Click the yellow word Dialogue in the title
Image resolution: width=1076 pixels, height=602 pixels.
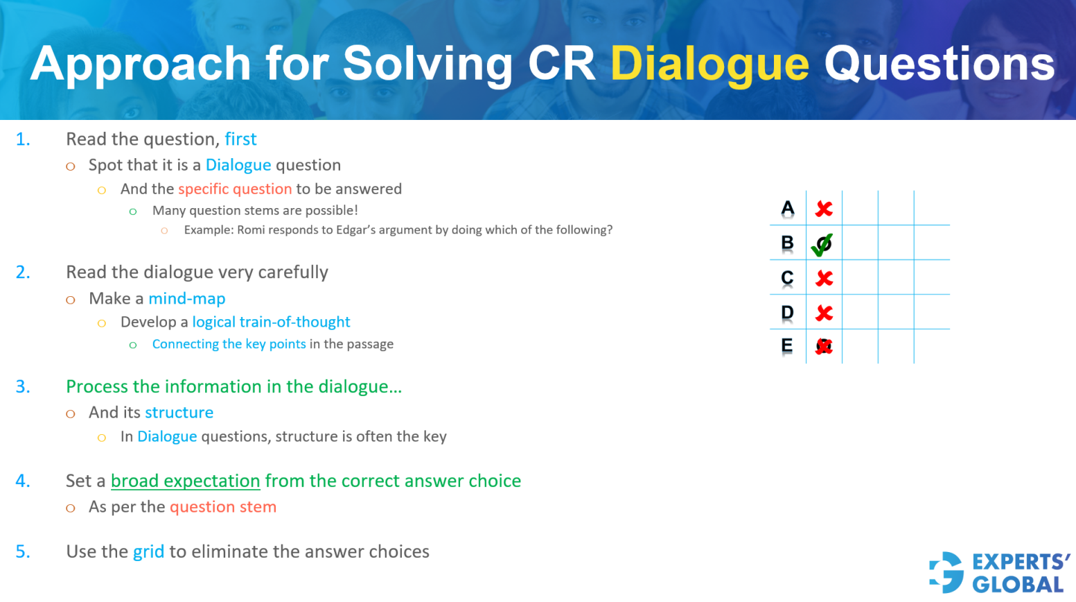click(x=709, y=64)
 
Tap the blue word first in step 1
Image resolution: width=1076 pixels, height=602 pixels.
click(x=240, y=139)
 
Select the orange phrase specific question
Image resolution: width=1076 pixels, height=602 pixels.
click(x=235, y=189)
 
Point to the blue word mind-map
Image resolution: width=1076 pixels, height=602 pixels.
click(x=187, y=299)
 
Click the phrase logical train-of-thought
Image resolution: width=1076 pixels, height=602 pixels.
click(x=271, y=322)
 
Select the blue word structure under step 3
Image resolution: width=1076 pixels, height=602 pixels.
click(x=179, y=413)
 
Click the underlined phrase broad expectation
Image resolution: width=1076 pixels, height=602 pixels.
click(x=185, y=481)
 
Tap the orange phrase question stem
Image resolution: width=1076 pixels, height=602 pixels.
click(x=223, y=508)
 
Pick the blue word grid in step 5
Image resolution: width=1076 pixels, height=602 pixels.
click(x=148, y=552)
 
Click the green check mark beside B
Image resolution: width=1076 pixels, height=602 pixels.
click(x=822, y=244)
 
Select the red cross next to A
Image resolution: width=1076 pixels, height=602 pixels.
click(x=824, y=209)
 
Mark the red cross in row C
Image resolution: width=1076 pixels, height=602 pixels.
click(x=824, y=278)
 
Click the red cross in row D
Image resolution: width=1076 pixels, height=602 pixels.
click(x=824, y=313)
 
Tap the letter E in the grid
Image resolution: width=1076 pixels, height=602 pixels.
click(x=787, y=345)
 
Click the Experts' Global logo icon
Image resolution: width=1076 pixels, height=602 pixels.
click(x=946, y=572)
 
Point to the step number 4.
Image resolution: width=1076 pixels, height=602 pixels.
click(x=23, y=481)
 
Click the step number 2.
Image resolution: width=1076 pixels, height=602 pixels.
click(x=23, y=273)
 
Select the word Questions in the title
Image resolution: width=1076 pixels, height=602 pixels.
click(x=939, y=64)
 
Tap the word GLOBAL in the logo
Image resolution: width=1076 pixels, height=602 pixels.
click(x=1018, y=585)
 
